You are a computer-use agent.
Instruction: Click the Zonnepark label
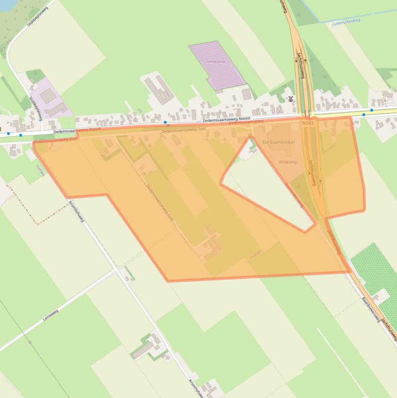tap(215, 62)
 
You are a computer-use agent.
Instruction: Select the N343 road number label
tap(308, 123)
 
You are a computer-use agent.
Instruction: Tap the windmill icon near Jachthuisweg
tap(291, 99)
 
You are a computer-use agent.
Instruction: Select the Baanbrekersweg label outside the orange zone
tap(371, 310)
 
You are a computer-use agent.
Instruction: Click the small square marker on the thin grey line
tap(30, 342)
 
